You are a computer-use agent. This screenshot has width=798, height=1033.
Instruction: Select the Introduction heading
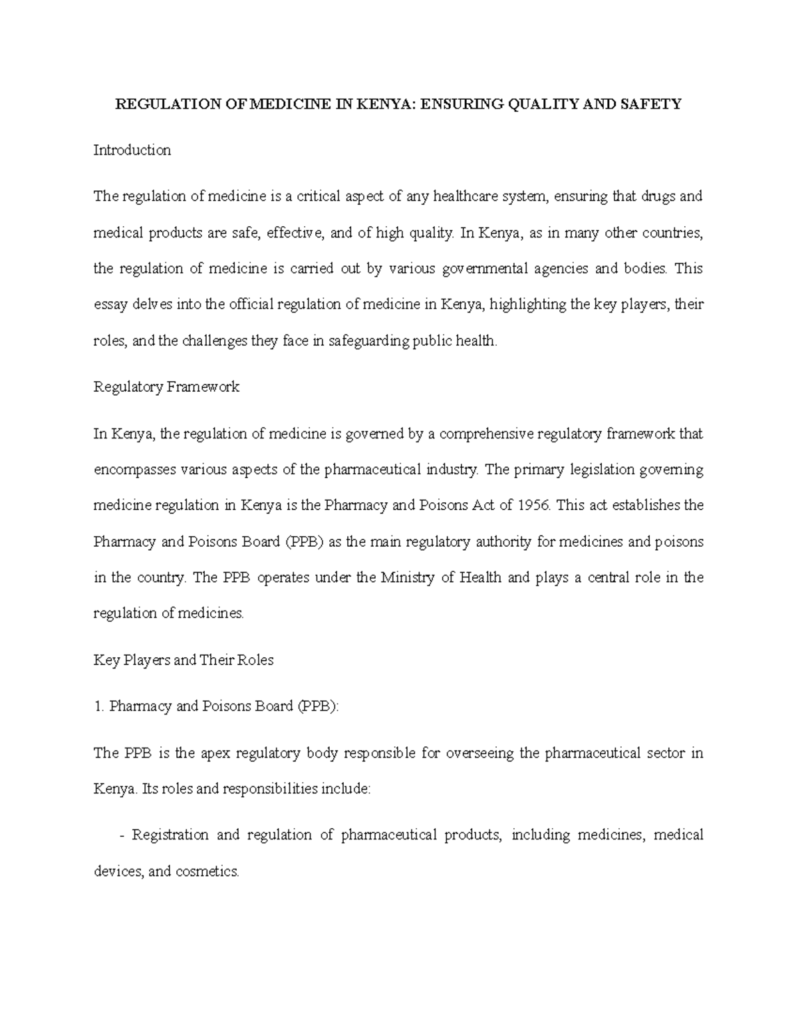pyautogui.click(x=132, y=150)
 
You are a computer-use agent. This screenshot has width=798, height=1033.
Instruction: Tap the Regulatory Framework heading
pyautogui.click(x=166, y=387)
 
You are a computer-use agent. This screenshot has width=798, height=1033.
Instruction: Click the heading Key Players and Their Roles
pyautogui.click(x=184, y=660)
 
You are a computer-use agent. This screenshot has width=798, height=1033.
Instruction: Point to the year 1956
pyautogui.click(x=534, y=505)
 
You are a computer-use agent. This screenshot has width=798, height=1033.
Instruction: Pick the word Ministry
pyautogui.click(x=406, y=577)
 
